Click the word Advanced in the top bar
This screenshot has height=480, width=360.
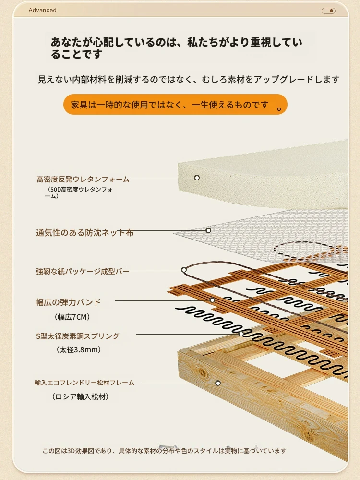[43, 10]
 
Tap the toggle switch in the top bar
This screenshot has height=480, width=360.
[328, 11]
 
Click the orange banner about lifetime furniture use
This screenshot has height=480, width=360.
[175, 104]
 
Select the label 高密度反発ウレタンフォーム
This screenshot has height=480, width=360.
[83, 179]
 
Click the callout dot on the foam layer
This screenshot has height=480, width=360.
[197, 178]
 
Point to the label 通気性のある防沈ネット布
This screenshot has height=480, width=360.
[85, 233]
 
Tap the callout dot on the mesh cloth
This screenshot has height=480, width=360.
[208, 230]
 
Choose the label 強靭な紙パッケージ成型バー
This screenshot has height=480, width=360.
[83, 271]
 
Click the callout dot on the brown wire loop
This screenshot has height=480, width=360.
[184, 270]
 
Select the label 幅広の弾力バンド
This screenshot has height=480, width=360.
[68, 302]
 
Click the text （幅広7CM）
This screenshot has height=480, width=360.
[72, 317]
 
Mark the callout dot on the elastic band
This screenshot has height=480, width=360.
[212, 300]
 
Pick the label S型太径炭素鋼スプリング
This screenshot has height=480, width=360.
[78, 336]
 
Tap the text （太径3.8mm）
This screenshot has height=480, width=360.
[79, 349]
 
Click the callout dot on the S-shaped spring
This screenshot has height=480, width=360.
[241, 334]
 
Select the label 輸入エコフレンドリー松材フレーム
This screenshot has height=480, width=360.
[84, 383]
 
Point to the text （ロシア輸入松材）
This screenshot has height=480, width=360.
[81, 397]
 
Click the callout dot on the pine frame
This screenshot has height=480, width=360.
[218, 383]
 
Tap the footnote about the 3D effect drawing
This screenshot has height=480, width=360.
[165, 451]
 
